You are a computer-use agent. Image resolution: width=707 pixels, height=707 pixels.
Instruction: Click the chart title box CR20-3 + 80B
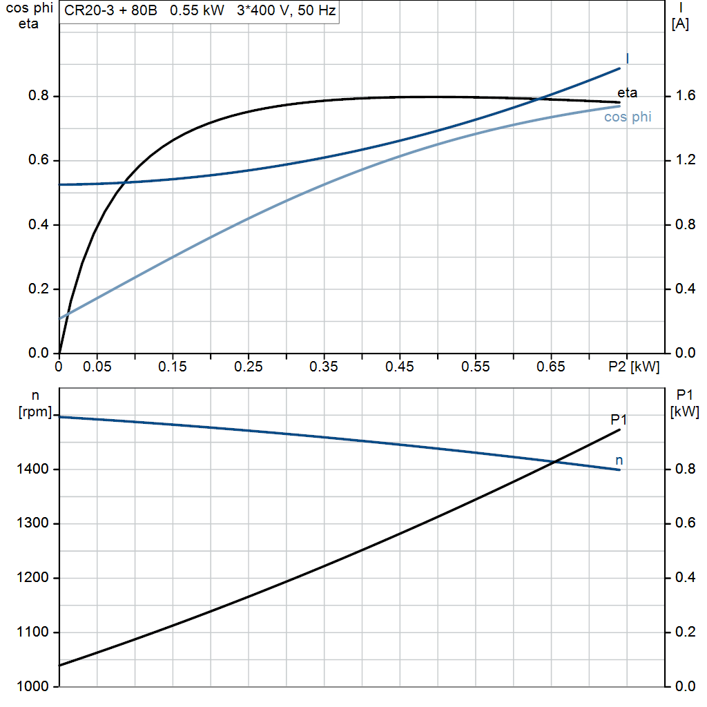tap(199, 12)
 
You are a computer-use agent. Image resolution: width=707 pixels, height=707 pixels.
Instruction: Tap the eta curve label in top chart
tap(627, 93)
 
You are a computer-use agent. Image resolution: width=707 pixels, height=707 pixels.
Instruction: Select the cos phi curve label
tap(628, 117)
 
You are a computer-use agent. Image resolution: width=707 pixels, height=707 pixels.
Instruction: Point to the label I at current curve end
tap(627, 58)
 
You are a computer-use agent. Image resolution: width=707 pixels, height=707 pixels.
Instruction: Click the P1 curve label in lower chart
tap(619, 419)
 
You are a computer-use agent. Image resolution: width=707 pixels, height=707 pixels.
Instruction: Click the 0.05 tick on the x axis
tap(97, 367)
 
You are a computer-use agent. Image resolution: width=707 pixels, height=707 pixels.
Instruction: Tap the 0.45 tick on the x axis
tap(400, 367)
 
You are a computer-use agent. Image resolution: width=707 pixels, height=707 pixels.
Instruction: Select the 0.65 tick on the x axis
tap(551, 367)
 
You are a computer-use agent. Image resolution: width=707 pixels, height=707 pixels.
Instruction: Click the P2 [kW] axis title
tap(634, 367)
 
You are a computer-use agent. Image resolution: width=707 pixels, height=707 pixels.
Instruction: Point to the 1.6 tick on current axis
tap(681, 96)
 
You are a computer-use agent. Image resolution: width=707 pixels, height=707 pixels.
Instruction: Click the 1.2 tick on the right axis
tap(681, 160)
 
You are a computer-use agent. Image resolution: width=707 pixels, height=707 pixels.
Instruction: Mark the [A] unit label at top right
tap(680, 24)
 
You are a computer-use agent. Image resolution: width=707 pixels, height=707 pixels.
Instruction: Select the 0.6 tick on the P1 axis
tap(681, 523)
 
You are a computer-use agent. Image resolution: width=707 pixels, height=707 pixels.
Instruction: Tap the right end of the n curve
tap(619, 469)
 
